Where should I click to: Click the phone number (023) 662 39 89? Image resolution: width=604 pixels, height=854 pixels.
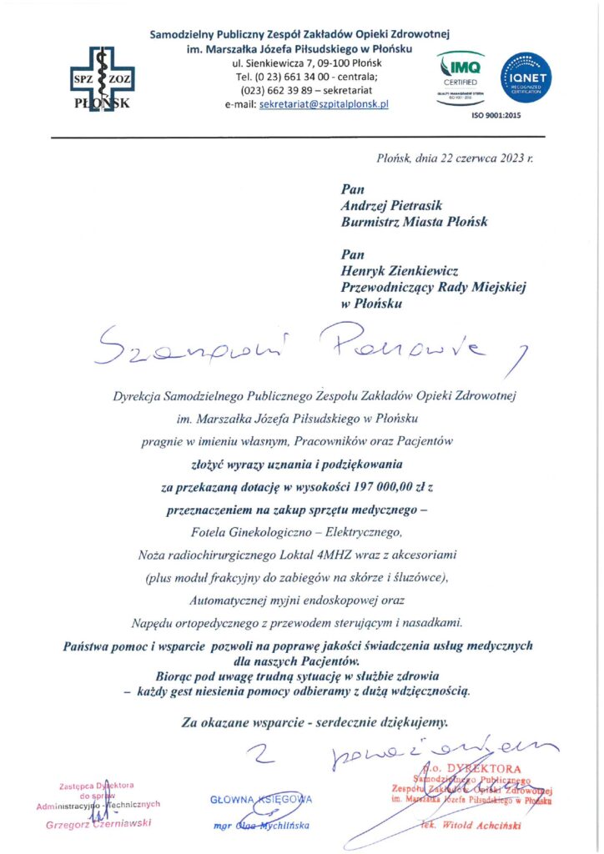pos(275,90)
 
